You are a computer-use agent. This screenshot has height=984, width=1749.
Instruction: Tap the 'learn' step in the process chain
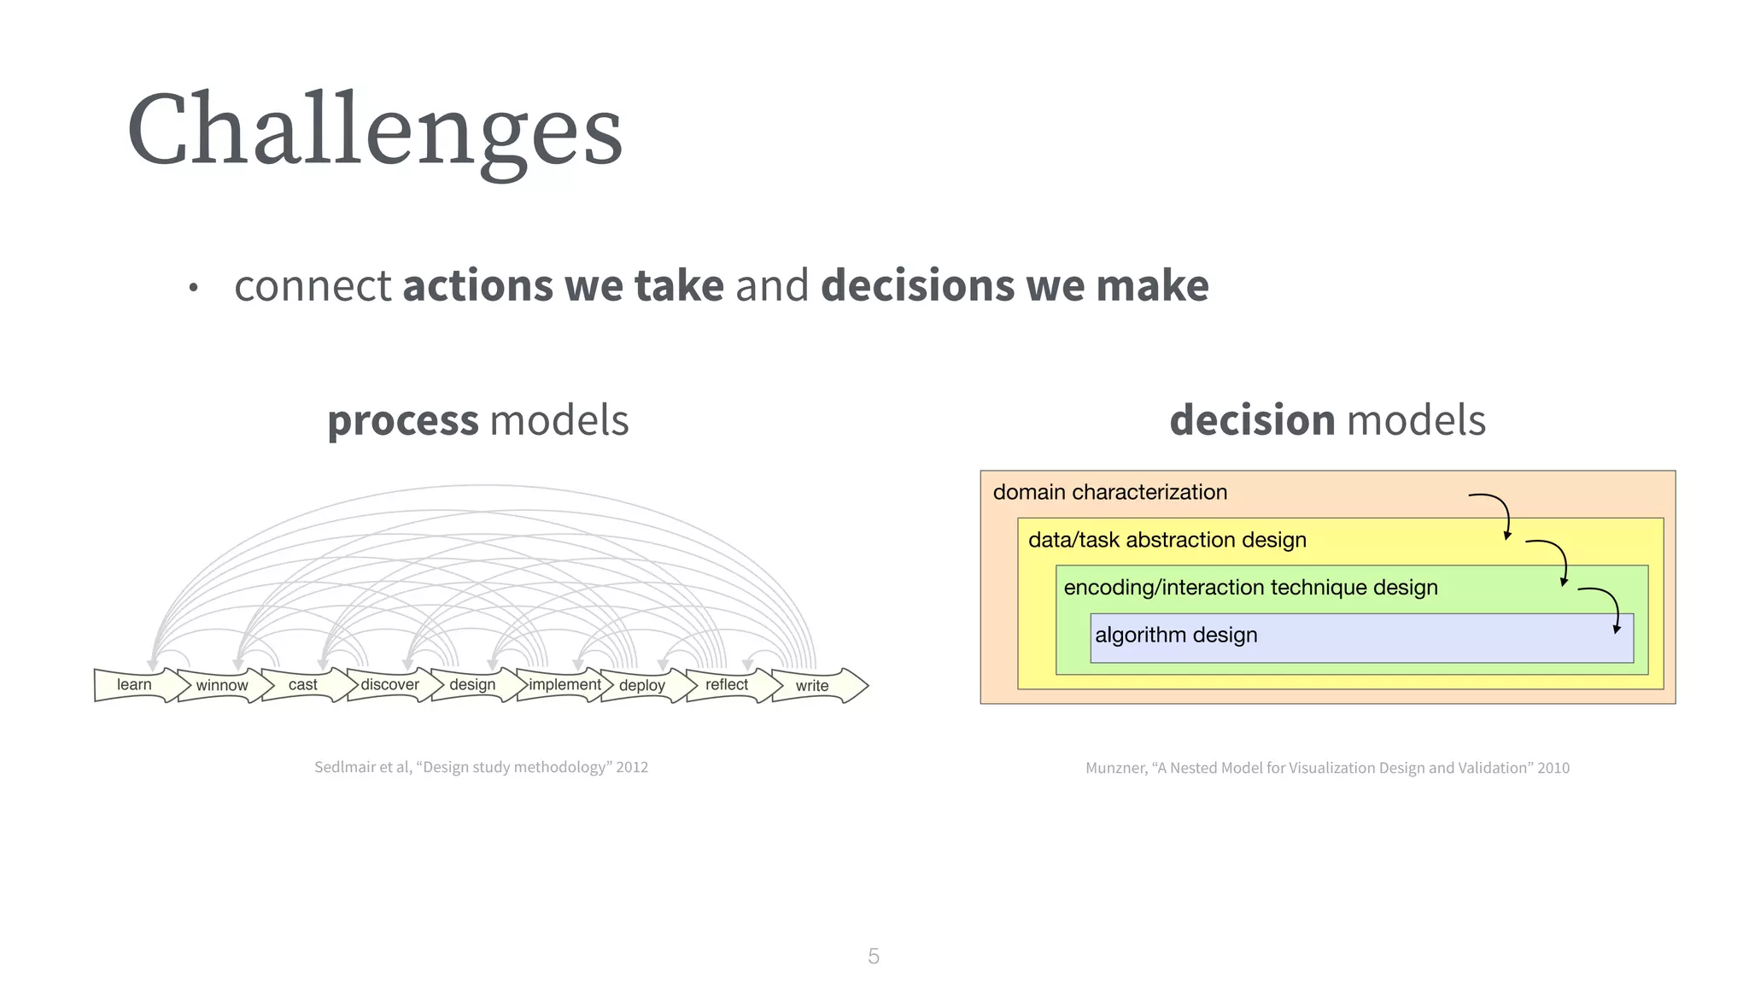pyautogui.click(x=135, y=685)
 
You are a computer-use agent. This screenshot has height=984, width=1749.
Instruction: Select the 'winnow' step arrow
pyautogui.click(x=222, y=686)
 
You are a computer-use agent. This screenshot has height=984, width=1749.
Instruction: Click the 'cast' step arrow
pyautogui.click(x=303, y=685)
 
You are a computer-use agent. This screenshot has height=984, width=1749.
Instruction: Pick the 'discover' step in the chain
pyautogui.click(x=389, y=685)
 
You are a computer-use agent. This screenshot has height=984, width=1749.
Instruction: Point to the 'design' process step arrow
pyautogui.click(x=472, y=685)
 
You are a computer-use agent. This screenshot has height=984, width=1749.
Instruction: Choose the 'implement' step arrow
pyautogui.click(x=564, y=685)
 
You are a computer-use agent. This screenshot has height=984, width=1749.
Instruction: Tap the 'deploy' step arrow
pyautogui.click(x=642, y=686)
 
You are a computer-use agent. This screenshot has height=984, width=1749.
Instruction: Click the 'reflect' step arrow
pyautogui.click(x=727, y=685)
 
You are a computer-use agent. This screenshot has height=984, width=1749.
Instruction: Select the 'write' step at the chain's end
pyautogui.click(x=813, y=686)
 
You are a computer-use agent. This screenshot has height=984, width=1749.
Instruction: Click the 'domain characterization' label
pyautogui.click(x=1109, y=492)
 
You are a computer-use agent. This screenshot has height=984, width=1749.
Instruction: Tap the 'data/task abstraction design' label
pyautogui.click(x=1167, y=540)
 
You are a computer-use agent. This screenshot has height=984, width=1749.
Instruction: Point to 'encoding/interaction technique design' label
pyautogui.click(x=1250, y=588)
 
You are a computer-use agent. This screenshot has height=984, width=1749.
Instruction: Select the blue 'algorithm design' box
pyautogui.click(x=1361, y=638)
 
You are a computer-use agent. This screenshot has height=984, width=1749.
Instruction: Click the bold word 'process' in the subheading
pyautogui.click(x=403, y=421)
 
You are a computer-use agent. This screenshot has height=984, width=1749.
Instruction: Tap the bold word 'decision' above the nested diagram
pyautogui.click(x=1252, y=420)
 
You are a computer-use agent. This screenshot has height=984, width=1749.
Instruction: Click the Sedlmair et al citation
pyautogui.click(x=481, y=767)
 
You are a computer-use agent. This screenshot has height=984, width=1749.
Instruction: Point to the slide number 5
pyautogui.click(x=873, y=956)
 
